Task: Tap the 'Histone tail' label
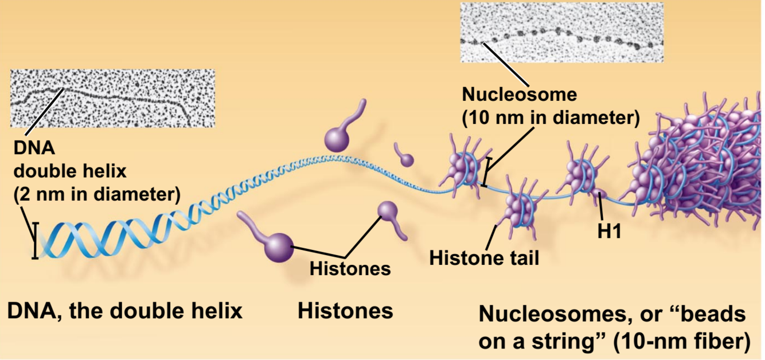coord(485,258)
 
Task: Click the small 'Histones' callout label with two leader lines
coord(350,268)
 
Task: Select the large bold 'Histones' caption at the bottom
coord(345,311)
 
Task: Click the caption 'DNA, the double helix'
coord(124,311)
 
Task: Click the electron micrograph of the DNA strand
coord(112,98)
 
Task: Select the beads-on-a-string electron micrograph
coord(561,32)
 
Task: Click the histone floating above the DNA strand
coord(337,138)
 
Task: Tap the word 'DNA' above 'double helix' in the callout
coord(34,148)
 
